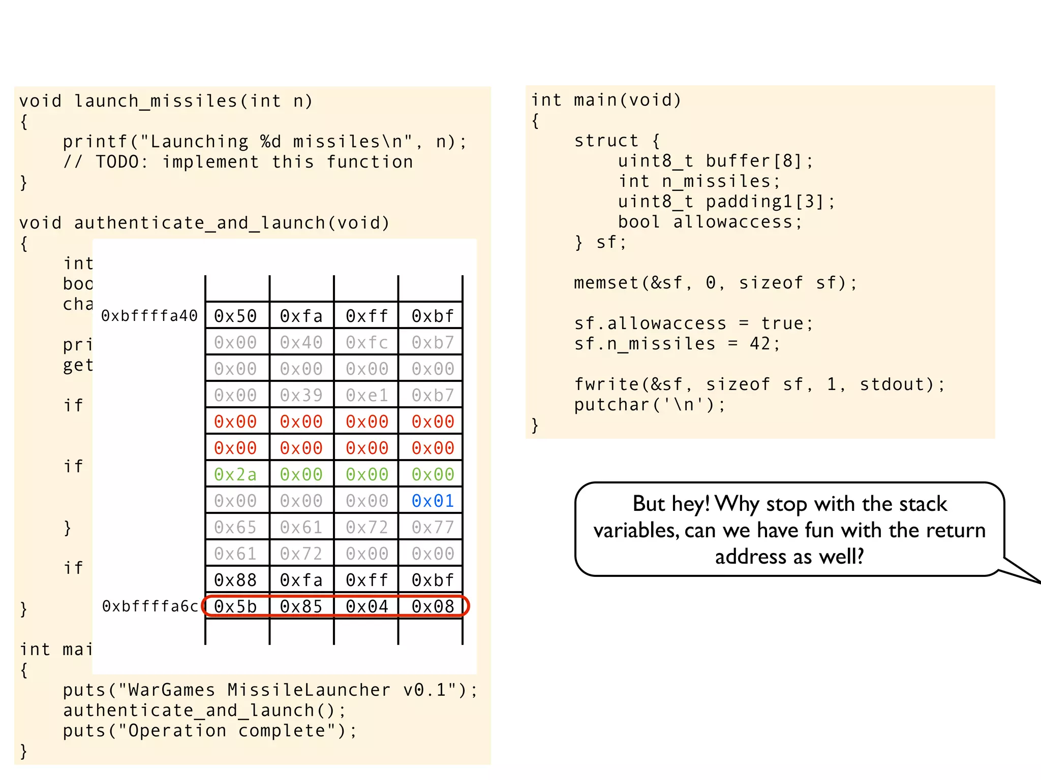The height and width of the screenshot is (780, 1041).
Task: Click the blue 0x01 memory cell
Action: pyautogui.click(x=433, y=501)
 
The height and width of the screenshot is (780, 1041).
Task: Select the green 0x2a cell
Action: pyautogui.click(x=235, y=475)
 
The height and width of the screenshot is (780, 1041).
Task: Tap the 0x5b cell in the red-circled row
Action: pyautogui.click(x=235, y=606)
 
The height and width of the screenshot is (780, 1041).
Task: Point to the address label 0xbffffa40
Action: pyautogui.click(x=149, y=316)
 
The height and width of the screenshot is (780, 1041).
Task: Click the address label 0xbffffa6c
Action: pyautogui.click(x=150, y=606)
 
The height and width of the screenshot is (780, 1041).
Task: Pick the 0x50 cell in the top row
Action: pyautogui.click(x=235, y=316)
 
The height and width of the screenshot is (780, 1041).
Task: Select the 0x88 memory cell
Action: pyautogui.click(x=235, y=580)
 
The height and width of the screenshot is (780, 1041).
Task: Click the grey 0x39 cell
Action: pyautogui.click(x=301, y=395)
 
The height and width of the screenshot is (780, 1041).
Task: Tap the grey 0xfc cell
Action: pyautogui.click(x=366, y=343)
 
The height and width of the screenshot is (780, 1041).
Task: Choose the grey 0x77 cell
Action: pyautogui.click(x=433, y=528)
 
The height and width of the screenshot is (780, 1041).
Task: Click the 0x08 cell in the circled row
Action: pyautogui.click(x=433, y=606)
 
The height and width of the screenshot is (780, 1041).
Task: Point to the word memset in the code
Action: pyautogui.click(x=606, y=283)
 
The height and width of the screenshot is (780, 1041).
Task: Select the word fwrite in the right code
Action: pyautogui.click(x=606, y=384)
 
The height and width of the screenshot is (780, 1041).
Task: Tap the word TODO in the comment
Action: pyautogui.click(x=117, y=162)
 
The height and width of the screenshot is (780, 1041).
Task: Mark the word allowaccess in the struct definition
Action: pyautogui.click(x=733, y=222)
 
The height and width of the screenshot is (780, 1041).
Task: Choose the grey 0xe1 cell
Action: pyautogui.click(x=366, y=395)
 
